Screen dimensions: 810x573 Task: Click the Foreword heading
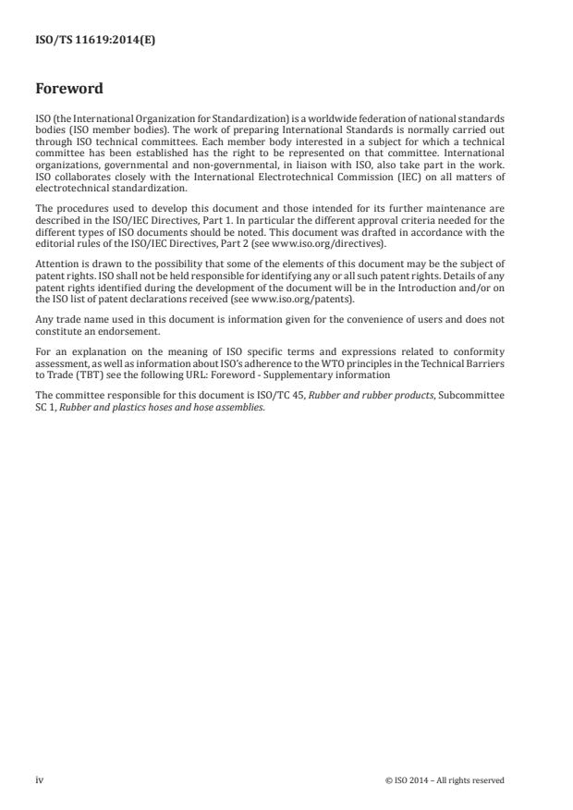tap(69, 90)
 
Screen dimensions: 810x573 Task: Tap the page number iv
tap(39, 780)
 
